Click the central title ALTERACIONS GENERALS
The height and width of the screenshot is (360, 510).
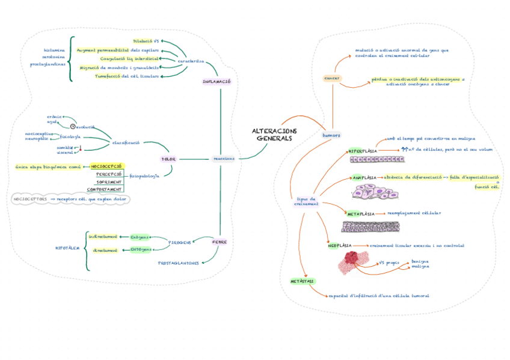[x=274, y=135]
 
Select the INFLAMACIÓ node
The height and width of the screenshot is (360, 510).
[x=217, y=81]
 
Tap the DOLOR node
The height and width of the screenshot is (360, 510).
[x=168, y=159]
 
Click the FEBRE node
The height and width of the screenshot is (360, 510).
[x=220, y=242]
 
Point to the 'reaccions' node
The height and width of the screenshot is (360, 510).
[x=223, y=159]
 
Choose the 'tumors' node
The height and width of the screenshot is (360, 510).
[x=331, y=135]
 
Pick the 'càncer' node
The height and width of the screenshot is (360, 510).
[x=332, y=78]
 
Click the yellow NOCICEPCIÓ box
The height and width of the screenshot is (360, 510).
[x=106, y=166]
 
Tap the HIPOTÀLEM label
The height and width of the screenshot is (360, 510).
[x=67, y=247]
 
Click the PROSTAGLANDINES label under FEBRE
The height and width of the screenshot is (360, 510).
[x=178, y=263]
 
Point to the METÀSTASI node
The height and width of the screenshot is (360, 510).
[x=302, y=281]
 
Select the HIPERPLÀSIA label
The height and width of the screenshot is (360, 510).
[x=363, y=151]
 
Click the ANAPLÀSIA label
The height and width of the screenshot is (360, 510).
[x=364, y=178]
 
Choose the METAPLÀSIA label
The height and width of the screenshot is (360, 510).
[x=361, y=213]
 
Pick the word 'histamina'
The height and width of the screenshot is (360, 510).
[x=54, y=50]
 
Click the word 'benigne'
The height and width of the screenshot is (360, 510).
[x=420, y=261]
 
